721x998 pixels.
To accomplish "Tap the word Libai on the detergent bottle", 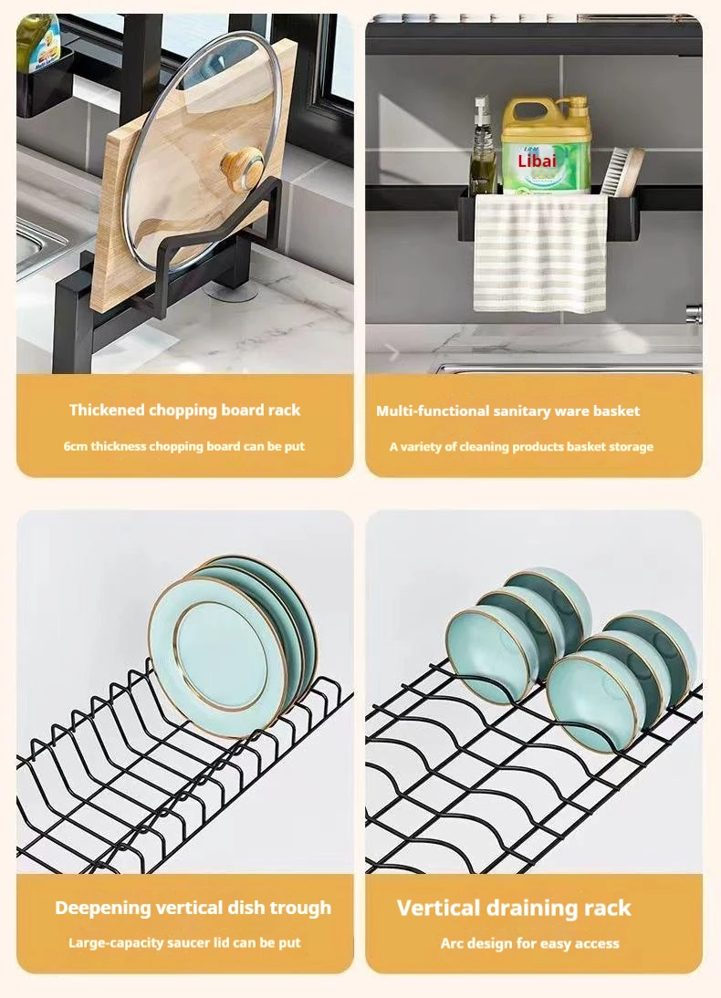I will [537, 160].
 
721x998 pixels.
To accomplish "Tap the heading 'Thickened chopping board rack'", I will [184, 410].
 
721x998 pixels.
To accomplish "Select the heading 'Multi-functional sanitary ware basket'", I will [507, 411].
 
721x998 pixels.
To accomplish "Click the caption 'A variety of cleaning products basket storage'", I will [521, 446].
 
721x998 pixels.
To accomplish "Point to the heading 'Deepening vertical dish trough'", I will [193, 908].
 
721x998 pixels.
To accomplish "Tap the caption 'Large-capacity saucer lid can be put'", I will [184, 942].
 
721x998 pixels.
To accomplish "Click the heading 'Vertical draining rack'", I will [513, 908].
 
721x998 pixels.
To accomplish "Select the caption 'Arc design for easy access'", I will [529, 943].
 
